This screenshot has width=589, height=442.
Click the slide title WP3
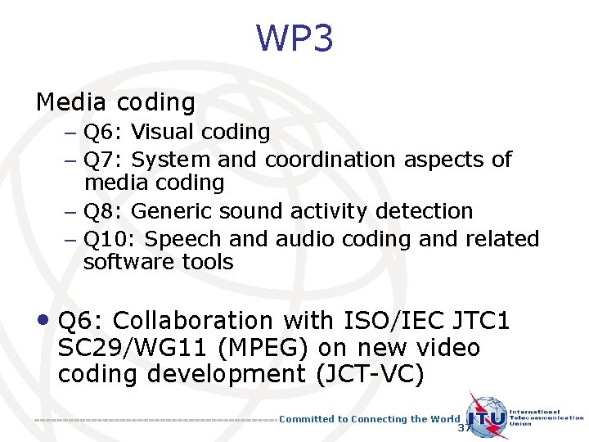[x=294, y=38]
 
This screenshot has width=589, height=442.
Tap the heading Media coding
[x=115, y=102]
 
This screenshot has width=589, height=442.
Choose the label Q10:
[x=110, y=239]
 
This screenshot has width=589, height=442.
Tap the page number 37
[x=465, y=428]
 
